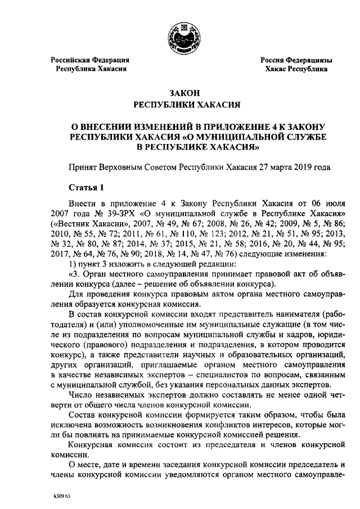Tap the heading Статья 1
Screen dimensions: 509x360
pyautogui.click(x=85, y=187)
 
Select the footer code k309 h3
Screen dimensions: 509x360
pyautogui.click(x=57, y=497)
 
